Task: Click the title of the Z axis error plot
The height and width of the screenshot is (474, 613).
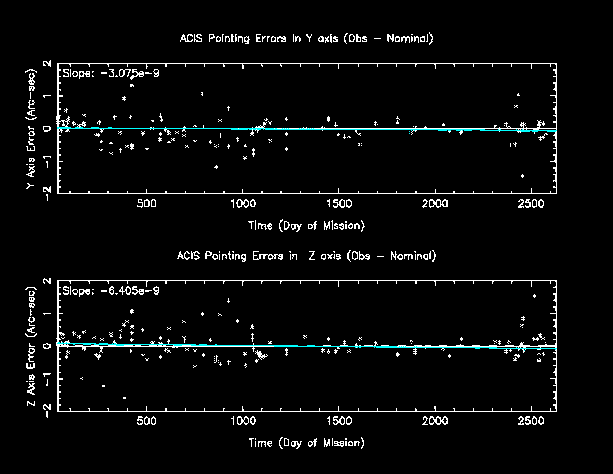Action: pyautogui.click(x=306, y=256)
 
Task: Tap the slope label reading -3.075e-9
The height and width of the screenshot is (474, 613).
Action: pyautogui.click(x=110, y=73)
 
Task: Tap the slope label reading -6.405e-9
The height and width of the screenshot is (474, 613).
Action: pyautogui.click(x=111, y=291)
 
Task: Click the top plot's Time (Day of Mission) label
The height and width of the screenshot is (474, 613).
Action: pyautogui.click(x=306, y=225)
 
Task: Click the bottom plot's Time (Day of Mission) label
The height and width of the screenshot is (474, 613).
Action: pyautogui.click(x=306, y=443)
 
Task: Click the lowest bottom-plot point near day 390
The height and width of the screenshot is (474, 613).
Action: pyautogui.click(x=125, y=398)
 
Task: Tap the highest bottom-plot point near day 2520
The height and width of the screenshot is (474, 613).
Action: pyautogui.click(x=534, y=296)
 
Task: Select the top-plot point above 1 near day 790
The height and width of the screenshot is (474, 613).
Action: pyautogui.click(x=203, y=94)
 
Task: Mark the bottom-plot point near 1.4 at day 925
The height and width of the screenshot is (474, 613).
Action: pyautogui.click(x=228, y=300)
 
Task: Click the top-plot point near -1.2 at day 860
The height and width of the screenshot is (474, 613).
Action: pyautogui.click(x=217, y=167)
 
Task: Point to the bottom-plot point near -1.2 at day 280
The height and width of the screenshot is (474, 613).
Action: pyautogui.click(x=104, y=386)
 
